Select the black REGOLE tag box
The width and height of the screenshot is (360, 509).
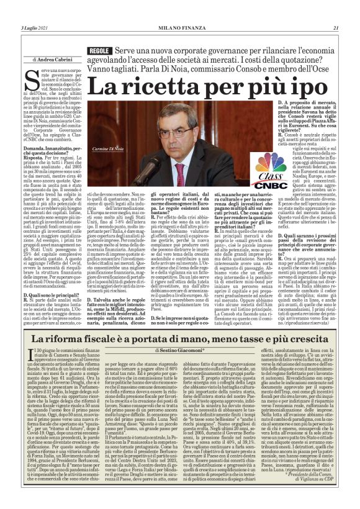tap(100, 50)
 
